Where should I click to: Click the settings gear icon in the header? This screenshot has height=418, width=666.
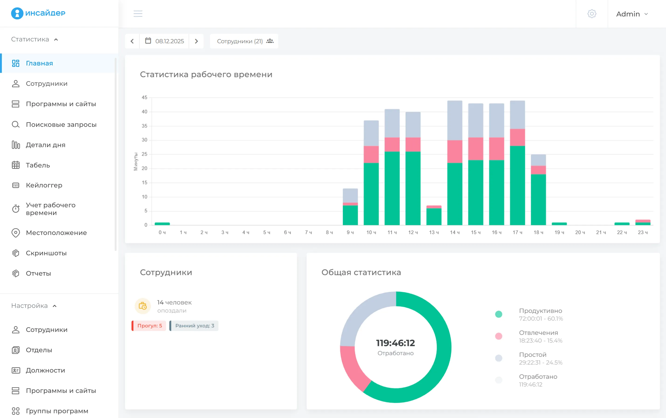coord(592,14)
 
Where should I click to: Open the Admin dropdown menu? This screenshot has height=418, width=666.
coord(632,14)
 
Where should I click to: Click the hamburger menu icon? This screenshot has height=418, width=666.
coord(138,14)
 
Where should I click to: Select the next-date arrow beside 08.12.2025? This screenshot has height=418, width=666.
coord(196,41)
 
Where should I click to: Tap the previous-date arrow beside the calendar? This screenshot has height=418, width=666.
coord(132,41)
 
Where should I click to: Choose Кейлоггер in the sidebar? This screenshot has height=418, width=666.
coord(44,185)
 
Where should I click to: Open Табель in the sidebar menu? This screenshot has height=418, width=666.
coord(38,165)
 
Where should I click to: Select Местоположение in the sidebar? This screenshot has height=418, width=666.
coord(56,233)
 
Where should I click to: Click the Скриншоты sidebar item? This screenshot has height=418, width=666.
coord(46,253)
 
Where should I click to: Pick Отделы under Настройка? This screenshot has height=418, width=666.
coord(39,350)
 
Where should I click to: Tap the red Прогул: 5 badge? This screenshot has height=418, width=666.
coord(149,325)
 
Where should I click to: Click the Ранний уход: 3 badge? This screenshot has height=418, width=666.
coord(194,325)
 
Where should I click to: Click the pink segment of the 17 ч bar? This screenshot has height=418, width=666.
coord(517,137)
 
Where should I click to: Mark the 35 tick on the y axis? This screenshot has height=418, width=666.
coord(144,126)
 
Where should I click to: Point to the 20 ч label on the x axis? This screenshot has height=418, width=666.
coord(580,233)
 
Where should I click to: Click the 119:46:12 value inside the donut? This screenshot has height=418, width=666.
coord(395,343)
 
